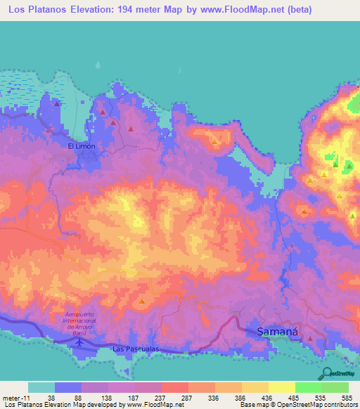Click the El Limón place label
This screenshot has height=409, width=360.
point(81,145)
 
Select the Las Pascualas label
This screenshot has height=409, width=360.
point(136,349)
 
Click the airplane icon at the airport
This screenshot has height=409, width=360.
point(79,342)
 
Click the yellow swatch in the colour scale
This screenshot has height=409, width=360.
point(282,387)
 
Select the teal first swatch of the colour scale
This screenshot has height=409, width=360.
point(41,387)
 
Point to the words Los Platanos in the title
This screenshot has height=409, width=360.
point(36,10)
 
